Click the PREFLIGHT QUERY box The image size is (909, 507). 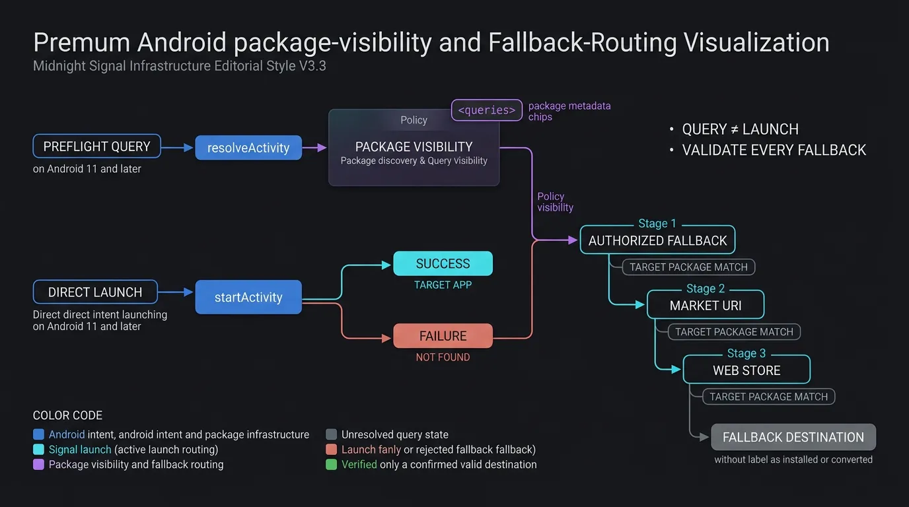pyautogui.click(x=96, y=146)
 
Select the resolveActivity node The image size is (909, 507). pyautogui.click(x=248, y=148)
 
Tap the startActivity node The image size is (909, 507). pyautogui.click(x=248, y=297)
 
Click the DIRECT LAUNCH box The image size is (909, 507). pyautogui.click(x=95, y=292)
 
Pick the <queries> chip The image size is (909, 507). pyautogui.click(x=487, y=110)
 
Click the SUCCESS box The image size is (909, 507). pyautogui.click(x=443, y=263)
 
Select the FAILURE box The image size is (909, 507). pyautogui.click(x=443, y=336)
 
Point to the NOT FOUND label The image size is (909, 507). pyautogui.click(x=443, y=357)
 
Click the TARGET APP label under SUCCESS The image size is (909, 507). pyautogui.click(x=443, y=285)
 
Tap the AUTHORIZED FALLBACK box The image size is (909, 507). pyautogui.click(x=657, y=240)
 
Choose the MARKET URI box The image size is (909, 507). pyautogui.click(x=706, y=306)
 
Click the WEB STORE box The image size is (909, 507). pyautogui.click(x=746, y=370)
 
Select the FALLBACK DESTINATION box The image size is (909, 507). pyautogui.click(x=793, y=437)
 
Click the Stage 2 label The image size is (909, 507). pyautogui.click(x=706, y=288)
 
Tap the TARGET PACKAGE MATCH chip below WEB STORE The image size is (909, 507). pyautogui.click(x=768, y=397)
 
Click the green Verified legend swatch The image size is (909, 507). pyautogui.click(x=331, y=464)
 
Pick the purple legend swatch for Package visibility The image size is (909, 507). pyautogui.click(x=38, y=464)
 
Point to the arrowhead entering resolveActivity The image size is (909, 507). pyautogui.click(x=188, y=148)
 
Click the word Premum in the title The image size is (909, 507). pyautogui.click(x=82, y=43)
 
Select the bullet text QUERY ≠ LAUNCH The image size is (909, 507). pyautogui.click(x=740, y=129)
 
